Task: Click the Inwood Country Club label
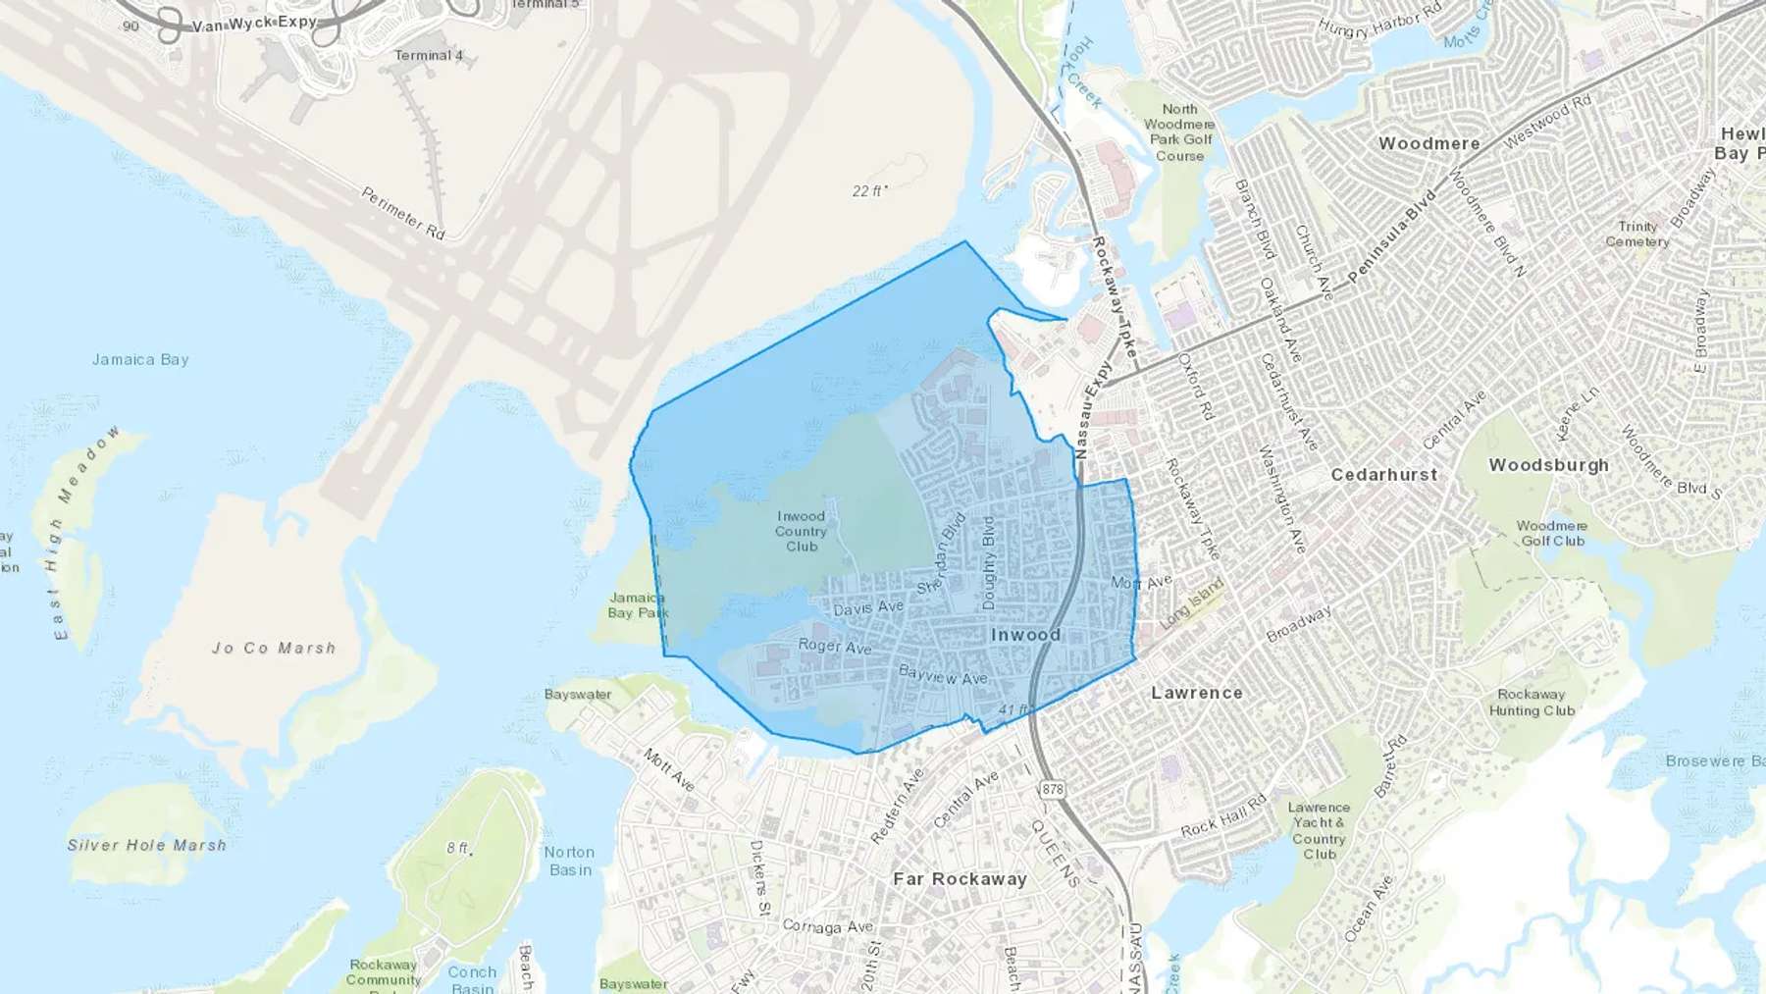[x=801, y=531]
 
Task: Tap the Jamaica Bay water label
[x=140, y=360]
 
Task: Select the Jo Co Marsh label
[x=274, y=649]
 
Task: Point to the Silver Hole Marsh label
[x=147, y=845]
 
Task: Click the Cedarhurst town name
[x=1383, y=475]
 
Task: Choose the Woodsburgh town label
[x=1548, y=465]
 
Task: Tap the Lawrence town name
[x=1197, y=693]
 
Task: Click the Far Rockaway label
[x=960, y=879]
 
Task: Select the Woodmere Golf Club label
[x=1551, y=533]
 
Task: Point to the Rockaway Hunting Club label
[x=1532, y=703]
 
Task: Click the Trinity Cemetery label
[x=1637, y=234]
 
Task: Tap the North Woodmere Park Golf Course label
[x=1179, y=132]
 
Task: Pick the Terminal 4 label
[x=429, y=56]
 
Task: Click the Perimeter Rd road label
[x=403, y=213]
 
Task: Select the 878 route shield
[x=1053, y=789]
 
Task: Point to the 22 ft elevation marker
[x=869, y=191]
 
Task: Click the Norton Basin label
[x=569, y=861]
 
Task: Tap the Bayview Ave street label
[x=943, y=675]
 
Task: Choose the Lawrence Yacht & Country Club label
[x=1319, y=830]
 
